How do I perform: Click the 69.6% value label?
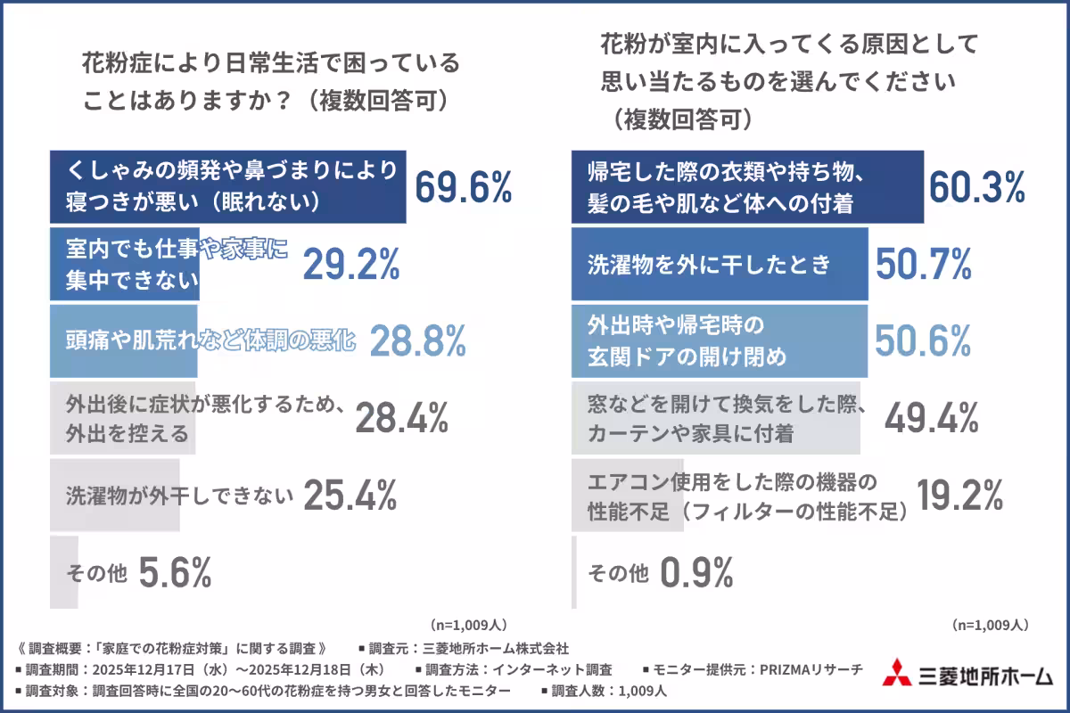click(x=463, y=187)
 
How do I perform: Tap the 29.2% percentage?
click(x=350, y=264)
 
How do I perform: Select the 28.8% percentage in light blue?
click(x=417, y=340)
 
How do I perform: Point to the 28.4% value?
click(x=401, y=417)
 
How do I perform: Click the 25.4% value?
click(x=350, y=495)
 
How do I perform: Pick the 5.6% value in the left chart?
click(x=176, y=572)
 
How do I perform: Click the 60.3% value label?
click(x=977, y=187)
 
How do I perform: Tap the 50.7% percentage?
click(x=923, y=264)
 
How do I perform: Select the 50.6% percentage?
click(x=923, y=340)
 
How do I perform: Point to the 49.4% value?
click(x=931, y=417)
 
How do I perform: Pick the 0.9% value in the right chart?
click(x=696, y=572)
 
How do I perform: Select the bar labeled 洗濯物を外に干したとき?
click(x=719, y=264)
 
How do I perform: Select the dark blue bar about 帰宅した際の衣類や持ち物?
click(x=746, y=187)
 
